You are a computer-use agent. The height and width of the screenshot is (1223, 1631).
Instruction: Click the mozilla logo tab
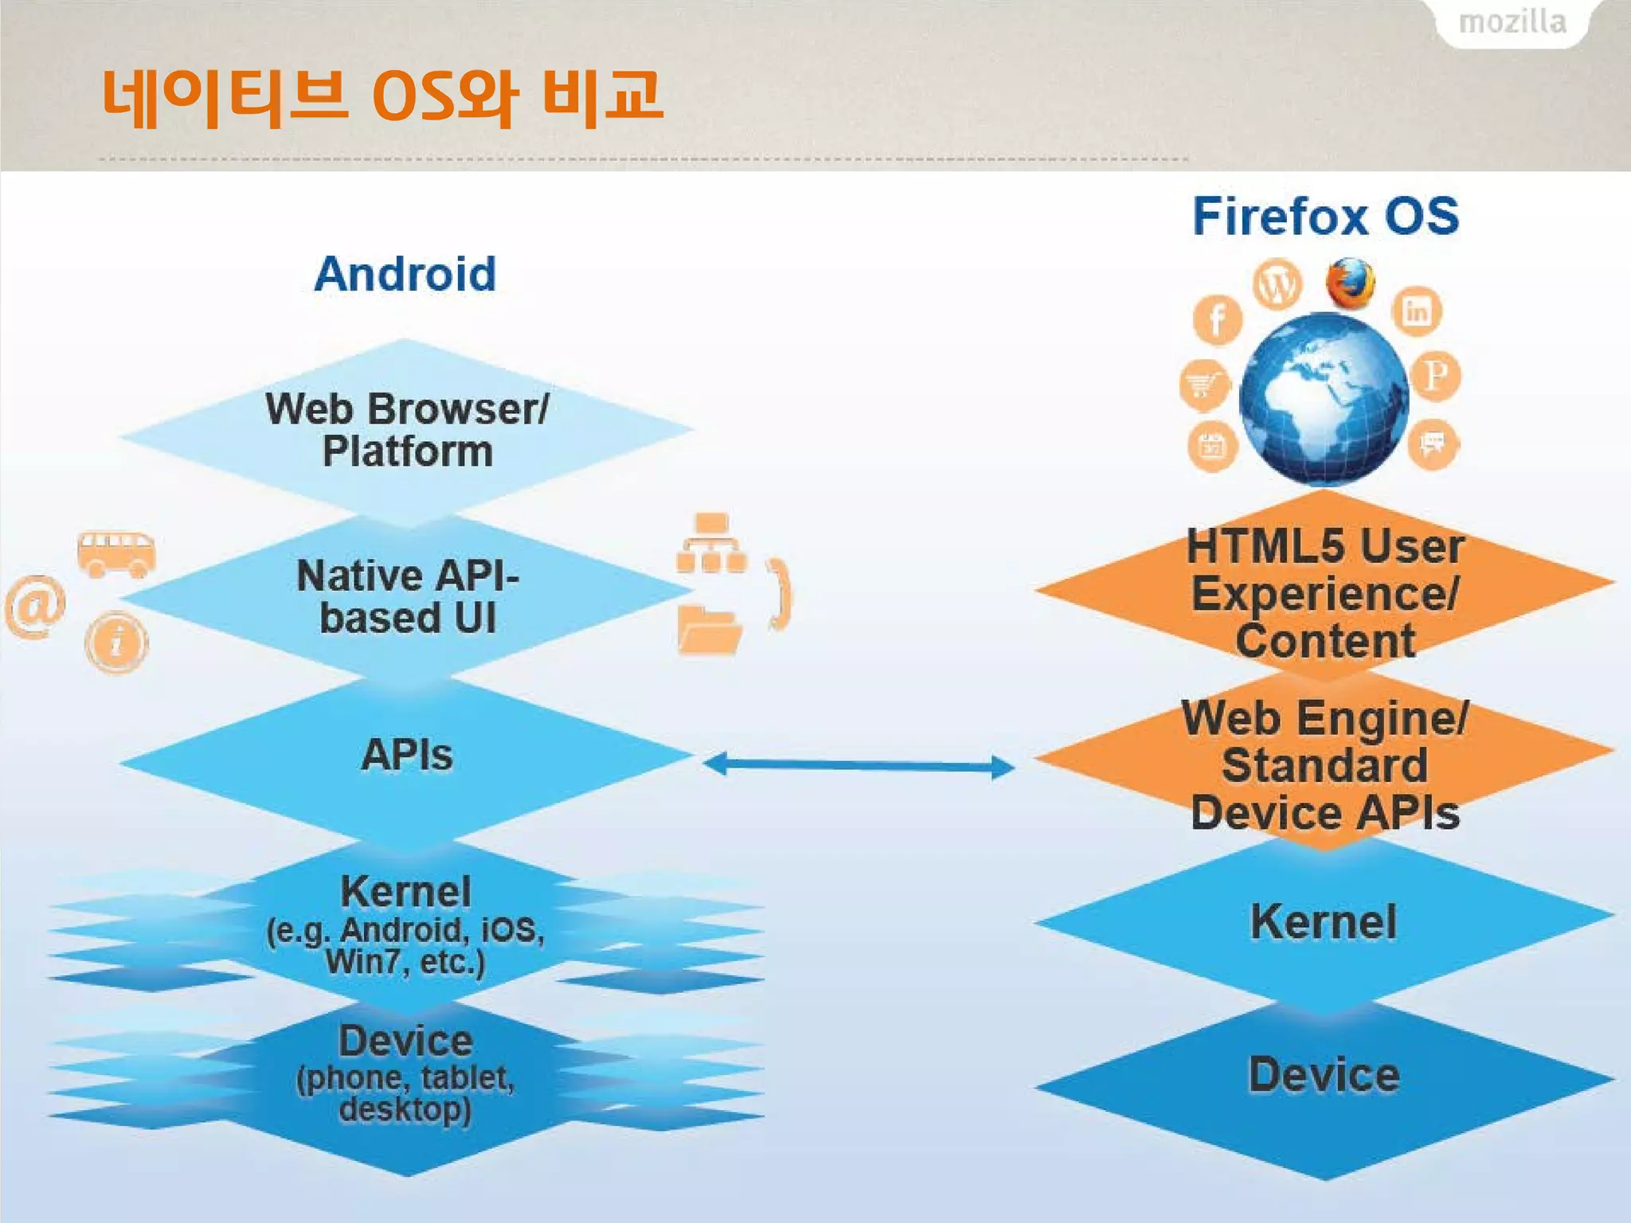click(x=1512, y=22)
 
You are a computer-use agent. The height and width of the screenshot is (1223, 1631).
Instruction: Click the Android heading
click(x=405, y=274)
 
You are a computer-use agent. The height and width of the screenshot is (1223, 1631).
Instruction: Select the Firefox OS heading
click(x=1326, y=216)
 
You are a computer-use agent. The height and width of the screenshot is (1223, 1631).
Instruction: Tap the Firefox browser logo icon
click(x=1351, y=283)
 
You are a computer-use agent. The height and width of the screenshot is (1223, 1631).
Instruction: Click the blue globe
click(x=1324, y=398)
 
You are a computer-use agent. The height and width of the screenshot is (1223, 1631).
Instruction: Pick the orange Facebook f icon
click(x=1217, y=320)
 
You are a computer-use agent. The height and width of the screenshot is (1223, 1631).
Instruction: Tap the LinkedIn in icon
click(x=1417, y=311)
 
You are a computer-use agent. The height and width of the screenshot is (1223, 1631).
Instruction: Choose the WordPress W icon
click(x=1277, y=283)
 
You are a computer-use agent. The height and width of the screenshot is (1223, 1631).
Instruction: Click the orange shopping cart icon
click(x=1204, y=385)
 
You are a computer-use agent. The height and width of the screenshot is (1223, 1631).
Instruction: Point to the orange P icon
click(x=1435, y=374)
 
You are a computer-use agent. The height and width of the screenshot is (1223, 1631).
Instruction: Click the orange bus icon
click(x=116, y=553)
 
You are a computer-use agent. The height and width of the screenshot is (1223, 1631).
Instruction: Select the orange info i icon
click(x=117, y=642)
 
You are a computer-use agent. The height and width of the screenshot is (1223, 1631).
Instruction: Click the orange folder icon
click(x=709, y=631)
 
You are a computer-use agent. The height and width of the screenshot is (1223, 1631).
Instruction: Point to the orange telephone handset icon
click(x=780, y=594)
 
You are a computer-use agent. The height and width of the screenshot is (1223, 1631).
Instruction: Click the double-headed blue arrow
click(x=859, y=765)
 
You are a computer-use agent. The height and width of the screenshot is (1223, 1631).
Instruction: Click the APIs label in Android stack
click(x=407, y=755)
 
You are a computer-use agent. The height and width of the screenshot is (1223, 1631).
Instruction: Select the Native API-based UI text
click(x=408, y=597)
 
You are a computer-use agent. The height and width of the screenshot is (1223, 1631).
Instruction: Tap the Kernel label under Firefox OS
click(x=1324, y=922)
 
